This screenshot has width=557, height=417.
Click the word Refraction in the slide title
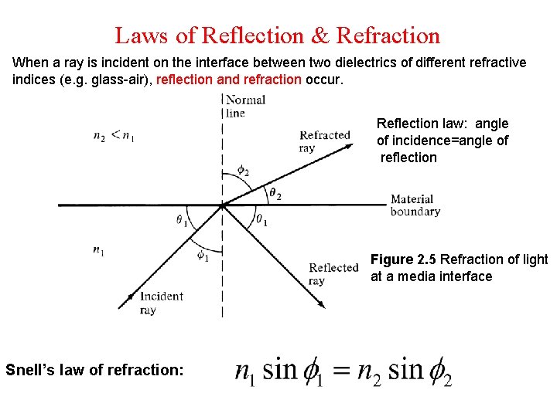pos(389,36)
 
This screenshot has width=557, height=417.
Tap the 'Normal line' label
pos(244,106)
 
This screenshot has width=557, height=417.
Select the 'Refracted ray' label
pos(324,141)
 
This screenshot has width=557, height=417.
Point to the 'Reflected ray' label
pos(333,274)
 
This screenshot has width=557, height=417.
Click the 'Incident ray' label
pos(161,303)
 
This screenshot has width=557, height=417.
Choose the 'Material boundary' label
pos(415,205)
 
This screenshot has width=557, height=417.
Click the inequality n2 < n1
pos(114,136)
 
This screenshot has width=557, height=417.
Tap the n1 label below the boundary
pos(98,249)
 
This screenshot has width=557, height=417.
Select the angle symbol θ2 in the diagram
pos(274,193)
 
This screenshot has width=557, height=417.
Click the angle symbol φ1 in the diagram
pos(202,256)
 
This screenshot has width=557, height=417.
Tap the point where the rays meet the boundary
pos(223,205)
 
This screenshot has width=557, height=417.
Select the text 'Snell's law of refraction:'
pos(94,370)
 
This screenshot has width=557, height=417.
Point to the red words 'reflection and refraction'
pos(229,79)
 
